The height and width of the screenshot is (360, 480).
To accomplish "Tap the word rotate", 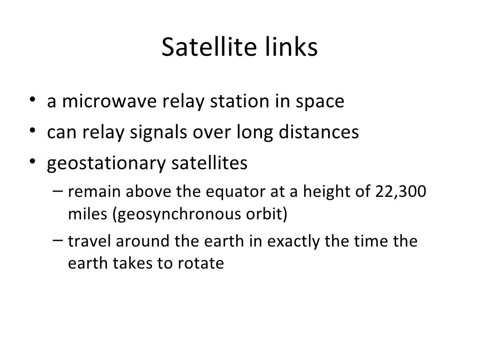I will [200, 263].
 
